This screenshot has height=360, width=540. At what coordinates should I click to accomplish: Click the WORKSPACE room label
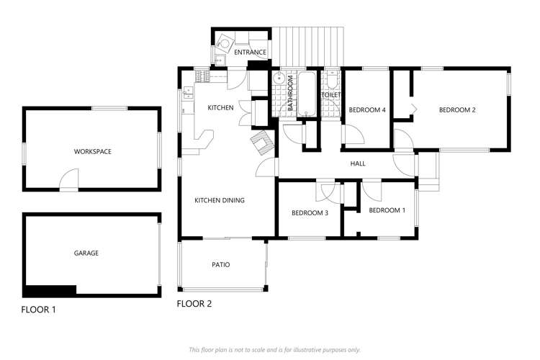[92, 152]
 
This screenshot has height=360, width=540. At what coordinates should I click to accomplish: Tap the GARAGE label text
[86, 253]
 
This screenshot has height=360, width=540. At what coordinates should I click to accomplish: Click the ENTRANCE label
[250, 53]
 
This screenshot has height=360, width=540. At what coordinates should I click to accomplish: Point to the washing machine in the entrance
[225, 42]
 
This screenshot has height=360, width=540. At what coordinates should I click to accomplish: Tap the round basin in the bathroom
[279, 79]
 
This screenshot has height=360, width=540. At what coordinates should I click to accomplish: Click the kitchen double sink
[188, 91]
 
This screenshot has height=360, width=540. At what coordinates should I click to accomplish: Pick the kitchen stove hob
[202, 76]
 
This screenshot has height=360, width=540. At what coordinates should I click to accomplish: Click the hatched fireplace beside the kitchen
[261, 143]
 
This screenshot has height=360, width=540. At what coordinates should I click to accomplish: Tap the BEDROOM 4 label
[367, 110]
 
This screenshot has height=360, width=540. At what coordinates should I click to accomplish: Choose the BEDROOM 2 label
[457, 110]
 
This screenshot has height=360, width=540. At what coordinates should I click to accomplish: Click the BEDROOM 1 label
[387, 210]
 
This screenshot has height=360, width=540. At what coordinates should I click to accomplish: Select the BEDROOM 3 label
[310, 213]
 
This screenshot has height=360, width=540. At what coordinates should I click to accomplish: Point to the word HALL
[357, 164]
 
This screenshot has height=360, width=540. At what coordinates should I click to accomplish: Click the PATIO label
[220, 265]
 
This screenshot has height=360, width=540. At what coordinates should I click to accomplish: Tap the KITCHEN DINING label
[220, 200]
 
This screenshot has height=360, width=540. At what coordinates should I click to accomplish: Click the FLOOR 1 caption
[38, 310]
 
